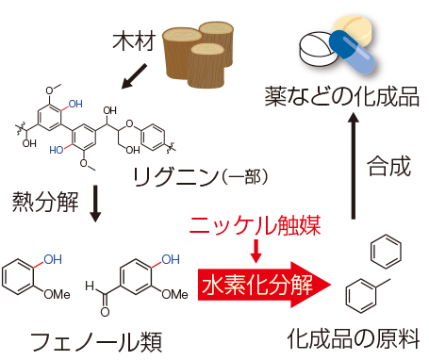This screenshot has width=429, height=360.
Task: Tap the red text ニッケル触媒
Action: pyautogui.click(x=256, y=226)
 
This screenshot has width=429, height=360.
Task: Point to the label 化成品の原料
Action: pyautogui.click(x=354, y=336)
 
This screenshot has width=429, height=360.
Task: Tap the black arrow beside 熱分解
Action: pyautogui.click(x=94, y=203)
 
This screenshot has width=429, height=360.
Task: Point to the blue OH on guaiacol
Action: pyautogui.click(x=54, y=254)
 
